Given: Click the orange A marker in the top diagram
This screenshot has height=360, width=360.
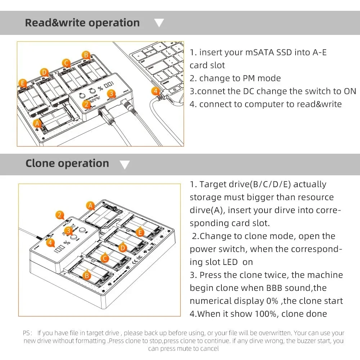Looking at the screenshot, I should (x=36, y=123).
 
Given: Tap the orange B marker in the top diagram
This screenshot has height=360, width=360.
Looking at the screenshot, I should (x=86, y=55).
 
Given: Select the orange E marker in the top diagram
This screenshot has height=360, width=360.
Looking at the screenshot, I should (x=23, y=84).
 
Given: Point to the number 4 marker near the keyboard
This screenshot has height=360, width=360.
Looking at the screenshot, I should (x=156, y=91).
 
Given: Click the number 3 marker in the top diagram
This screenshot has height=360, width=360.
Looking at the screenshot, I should (x=112, y=94).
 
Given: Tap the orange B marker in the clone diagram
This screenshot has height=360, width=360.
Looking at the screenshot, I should (x=87, y=275).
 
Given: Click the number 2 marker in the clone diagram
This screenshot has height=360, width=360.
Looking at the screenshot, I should (x=60, y=215).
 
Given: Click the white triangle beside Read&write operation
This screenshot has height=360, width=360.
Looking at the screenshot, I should (x=159, y=23).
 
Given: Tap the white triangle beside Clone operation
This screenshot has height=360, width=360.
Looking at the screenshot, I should (x=125, y=165).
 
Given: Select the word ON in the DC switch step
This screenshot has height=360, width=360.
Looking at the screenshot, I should (x=350, y=91).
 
